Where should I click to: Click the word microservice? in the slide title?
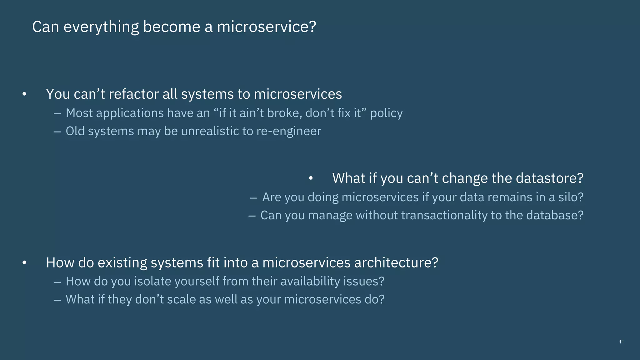pyautogui.click(x=266, y=27)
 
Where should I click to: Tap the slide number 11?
pyautogui.click(x=621, y=342)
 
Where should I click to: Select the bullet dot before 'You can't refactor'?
pyautogui.click(x=24, y=94)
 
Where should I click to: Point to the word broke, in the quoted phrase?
pyautogui.click(x=285, y=113)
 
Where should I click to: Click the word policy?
pyautogui.click(x=386, y=113)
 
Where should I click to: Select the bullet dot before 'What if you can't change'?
pyautogui.click(x=310, y=178)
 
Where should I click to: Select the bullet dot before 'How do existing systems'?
pyautogui.click(x=24, y=263)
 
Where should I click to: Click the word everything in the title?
pyautogui.click(x=101, y=27)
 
